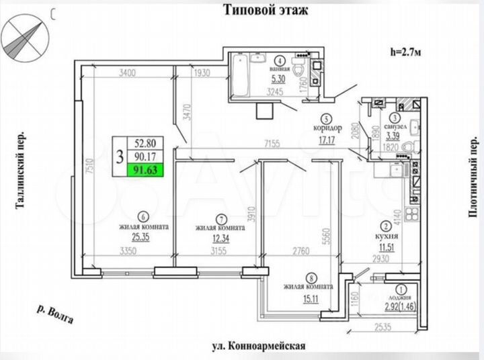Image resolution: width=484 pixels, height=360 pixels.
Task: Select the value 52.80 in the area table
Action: coord(145,142)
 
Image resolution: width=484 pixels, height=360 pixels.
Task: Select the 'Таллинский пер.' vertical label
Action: coord(19,171)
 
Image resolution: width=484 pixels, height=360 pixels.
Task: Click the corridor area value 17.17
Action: coord(327,141)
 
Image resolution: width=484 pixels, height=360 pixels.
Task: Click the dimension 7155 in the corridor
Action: coord(272,143)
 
